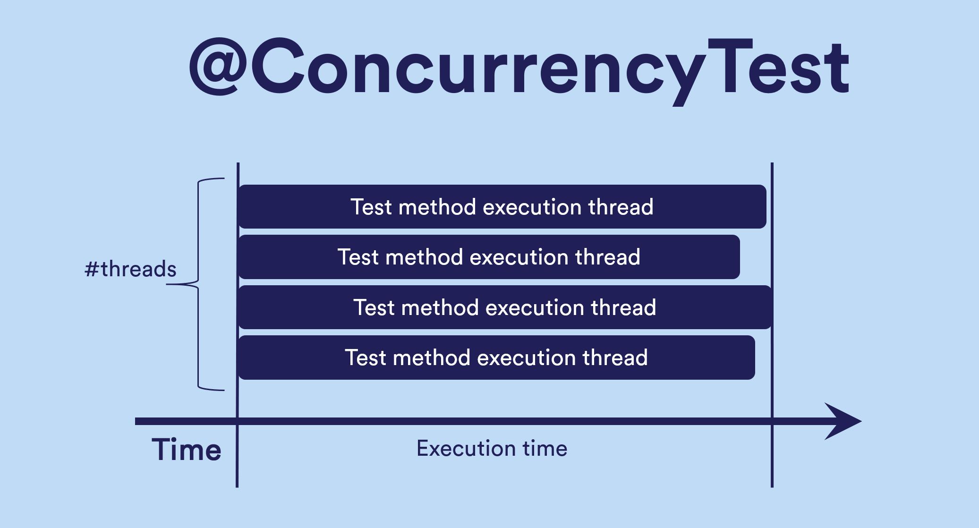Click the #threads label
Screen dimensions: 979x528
(x=130, y=269)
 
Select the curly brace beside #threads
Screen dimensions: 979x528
(x=198, y=284)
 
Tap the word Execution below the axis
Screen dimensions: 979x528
(x=466, y=448)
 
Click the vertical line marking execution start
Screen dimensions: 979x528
(x=238, y=325)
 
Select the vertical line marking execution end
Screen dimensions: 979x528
(x=772, y=325)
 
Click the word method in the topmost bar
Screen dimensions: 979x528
(x=437, y=207)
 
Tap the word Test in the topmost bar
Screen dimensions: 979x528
(x=371, y=207)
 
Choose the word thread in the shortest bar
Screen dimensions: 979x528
(x=608, y=257)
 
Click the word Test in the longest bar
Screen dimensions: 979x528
(x=374, y=307)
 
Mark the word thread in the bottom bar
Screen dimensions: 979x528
(x=615, y=358)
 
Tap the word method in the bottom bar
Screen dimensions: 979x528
(x=432, y=358)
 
